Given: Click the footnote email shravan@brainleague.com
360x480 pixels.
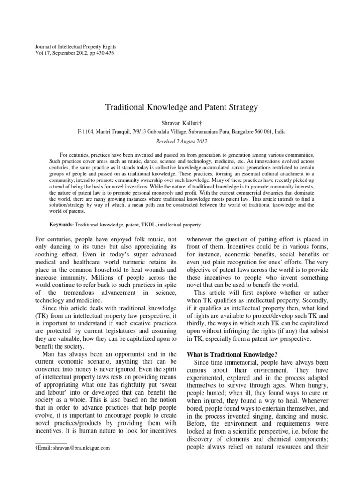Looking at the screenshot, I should coord(75,448).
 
